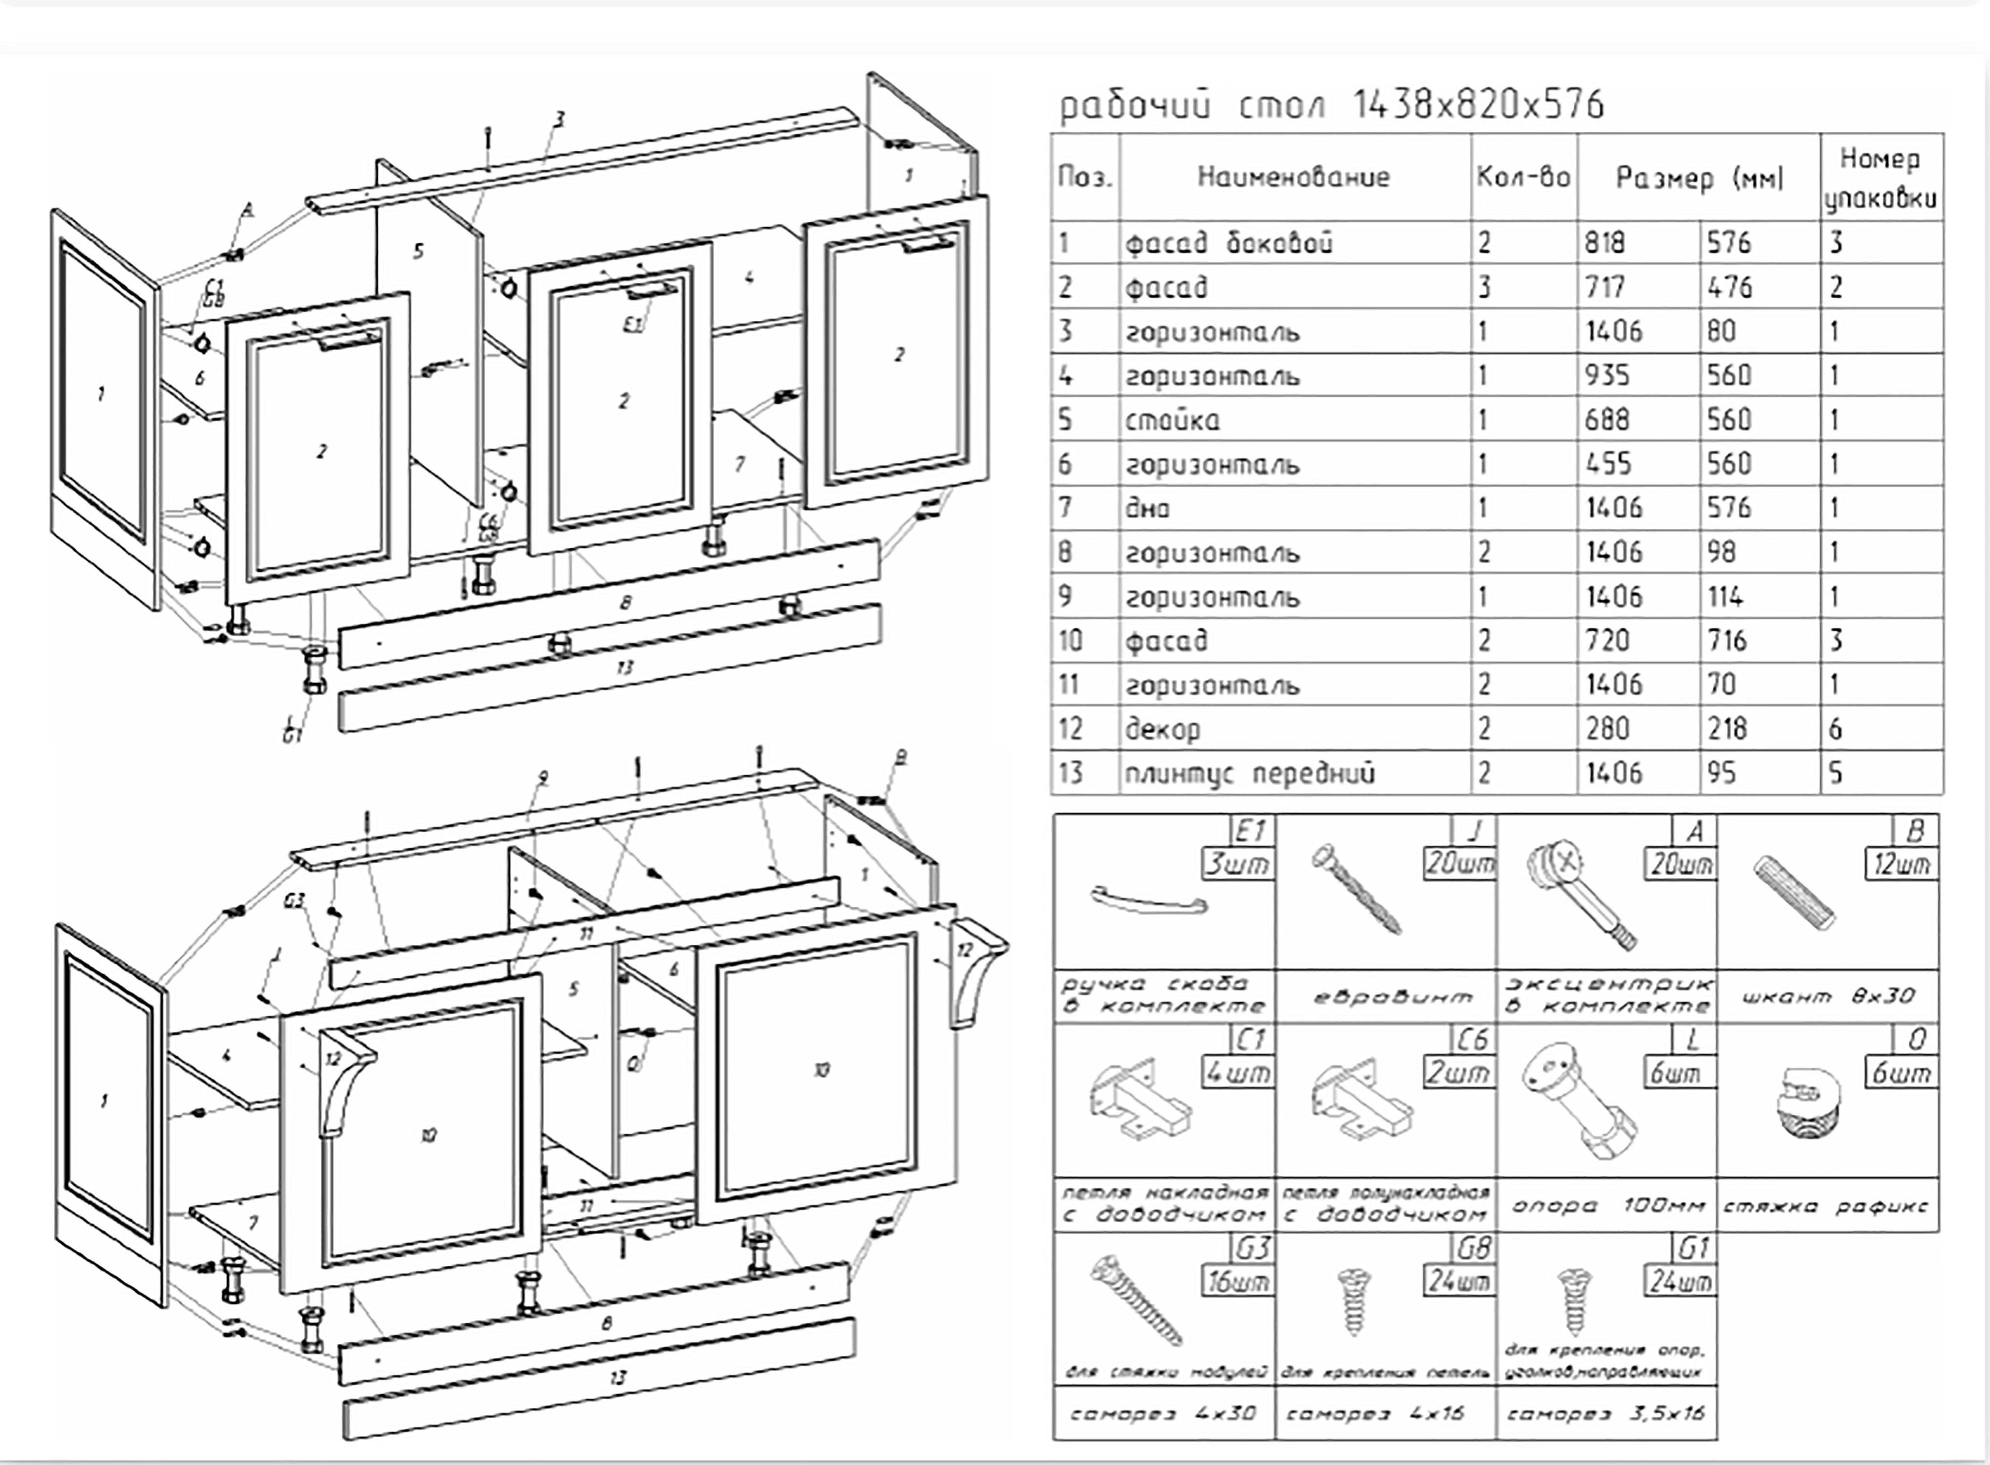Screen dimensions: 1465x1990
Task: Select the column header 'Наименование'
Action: click(x=1293, y=177)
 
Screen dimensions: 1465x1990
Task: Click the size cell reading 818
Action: click(x=1605, y=243)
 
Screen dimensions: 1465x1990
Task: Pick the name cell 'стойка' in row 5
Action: click(x=1172, y=419)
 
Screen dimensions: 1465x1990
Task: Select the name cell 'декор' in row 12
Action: click(x=1162, y=729)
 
